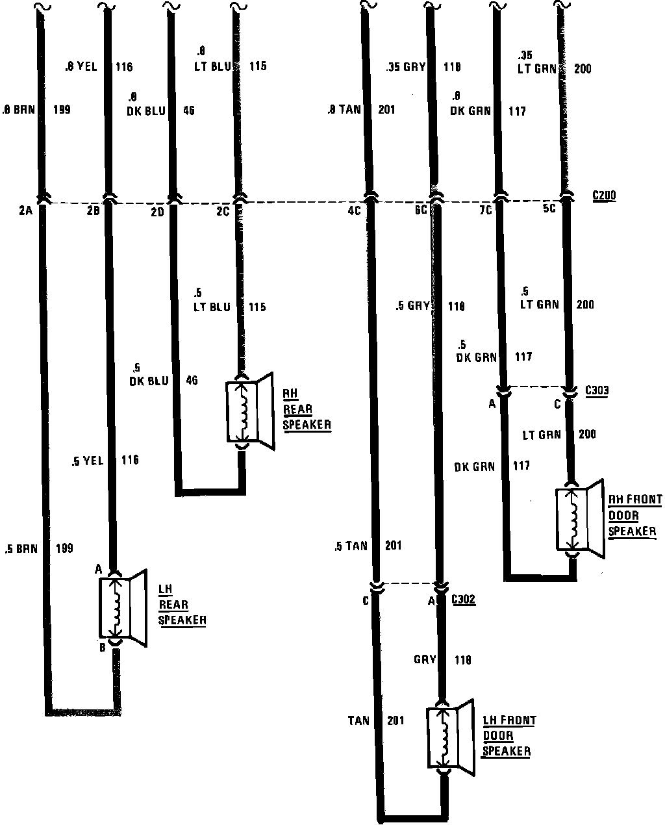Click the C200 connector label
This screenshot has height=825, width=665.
[x=604, y=195]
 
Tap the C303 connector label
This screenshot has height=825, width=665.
[x=597, y=390]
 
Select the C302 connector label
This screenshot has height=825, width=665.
[x=463, y=600]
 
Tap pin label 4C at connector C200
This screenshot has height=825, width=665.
[x=354, y=210]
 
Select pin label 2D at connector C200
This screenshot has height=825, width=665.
[x=158, y=210]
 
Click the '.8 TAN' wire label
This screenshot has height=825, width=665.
[x=344, y=110]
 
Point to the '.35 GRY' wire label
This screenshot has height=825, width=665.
[x=405, y=66]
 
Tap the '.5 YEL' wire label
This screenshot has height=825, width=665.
[x=87, y=461]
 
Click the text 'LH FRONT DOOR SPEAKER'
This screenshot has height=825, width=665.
[x=508, y=736]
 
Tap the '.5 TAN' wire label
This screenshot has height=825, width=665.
[x=351, y=546]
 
